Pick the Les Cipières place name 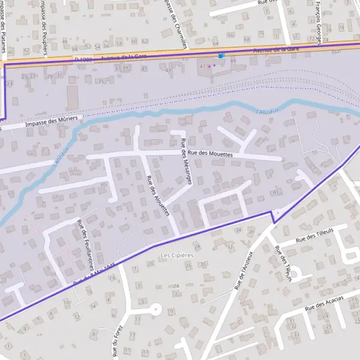pos(177,255)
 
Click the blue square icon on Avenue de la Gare pos(221,55)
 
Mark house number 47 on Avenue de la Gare pos(202,66)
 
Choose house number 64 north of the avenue pos(215,43)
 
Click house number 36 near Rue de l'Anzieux pos(251,231)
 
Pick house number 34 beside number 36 pos(238,230)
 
